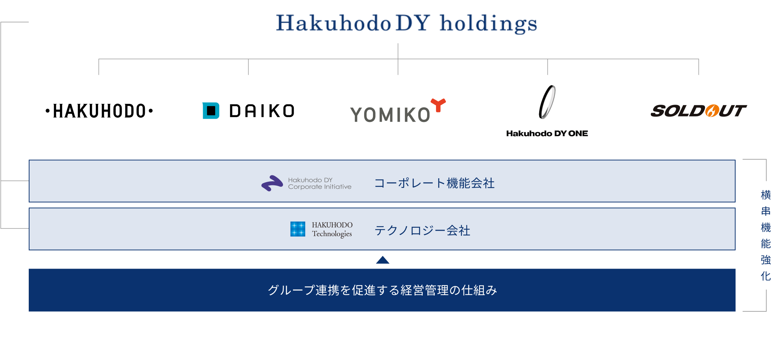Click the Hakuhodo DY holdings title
[406, 23]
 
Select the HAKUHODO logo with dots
[99, 111]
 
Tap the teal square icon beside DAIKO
[211, 111]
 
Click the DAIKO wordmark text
[262, 111]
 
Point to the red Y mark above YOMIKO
[439, 105]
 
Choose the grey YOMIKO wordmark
[390, 115]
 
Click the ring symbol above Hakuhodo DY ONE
[547, 102]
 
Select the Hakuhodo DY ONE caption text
[547, 133]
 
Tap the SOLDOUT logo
[698, 111]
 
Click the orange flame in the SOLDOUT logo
[712, 111]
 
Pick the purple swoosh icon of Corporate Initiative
[272, 183]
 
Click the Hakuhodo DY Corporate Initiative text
[320, 184]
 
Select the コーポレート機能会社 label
[434, 183]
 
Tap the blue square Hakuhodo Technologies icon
[298, 229]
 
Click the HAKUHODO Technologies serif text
[332, 229]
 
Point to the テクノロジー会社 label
[422, 231]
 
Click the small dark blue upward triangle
[383, 260]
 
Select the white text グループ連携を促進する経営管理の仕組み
[382, 290]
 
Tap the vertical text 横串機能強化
[766, 235]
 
